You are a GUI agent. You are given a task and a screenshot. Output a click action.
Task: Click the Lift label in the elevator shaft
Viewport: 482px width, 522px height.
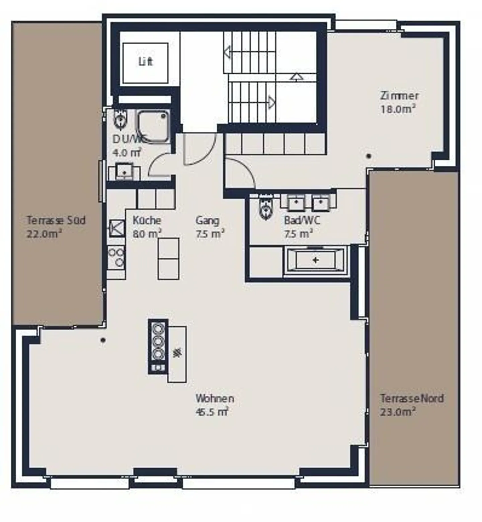(146, 62)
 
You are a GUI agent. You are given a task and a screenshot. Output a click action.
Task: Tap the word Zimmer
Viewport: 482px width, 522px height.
(399, 96)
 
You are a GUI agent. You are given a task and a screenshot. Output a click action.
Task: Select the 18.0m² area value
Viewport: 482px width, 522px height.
(398, 109)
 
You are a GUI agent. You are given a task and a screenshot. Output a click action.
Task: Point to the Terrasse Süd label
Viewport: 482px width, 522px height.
(56, 220)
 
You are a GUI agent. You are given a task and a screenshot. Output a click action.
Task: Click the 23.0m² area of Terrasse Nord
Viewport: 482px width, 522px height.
(398, 412)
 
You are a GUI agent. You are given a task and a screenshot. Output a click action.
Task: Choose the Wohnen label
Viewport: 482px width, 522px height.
(215, 398)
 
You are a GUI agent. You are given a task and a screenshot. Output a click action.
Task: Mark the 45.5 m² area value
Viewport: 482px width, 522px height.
(212, 412)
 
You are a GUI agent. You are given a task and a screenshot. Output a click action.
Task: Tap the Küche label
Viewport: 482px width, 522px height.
(147, 220)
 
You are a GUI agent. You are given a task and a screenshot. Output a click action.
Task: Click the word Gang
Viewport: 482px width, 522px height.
(208, 220)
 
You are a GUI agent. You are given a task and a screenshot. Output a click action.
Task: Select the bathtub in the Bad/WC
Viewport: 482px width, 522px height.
(315, 260)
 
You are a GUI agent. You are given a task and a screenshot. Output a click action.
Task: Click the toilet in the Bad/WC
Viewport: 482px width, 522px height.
(266, 208)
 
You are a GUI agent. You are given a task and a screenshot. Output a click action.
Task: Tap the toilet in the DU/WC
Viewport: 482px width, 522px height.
(119, 119)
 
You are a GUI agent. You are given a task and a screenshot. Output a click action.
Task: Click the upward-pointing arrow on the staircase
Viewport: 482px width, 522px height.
(296, 77)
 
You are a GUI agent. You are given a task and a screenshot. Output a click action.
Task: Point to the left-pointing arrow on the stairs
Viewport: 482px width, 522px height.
(228, 53)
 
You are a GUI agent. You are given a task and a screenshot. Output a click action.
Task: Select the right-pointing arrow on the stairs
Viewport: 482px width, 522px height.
(271, 102)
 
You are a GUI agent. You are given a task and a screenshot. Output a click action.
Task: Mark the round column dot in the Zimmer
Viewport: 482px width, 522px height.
(369, 156)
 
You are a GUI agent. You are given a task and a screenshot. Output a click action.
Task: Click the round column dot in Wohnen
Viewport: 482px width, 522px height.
(103, 340)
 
